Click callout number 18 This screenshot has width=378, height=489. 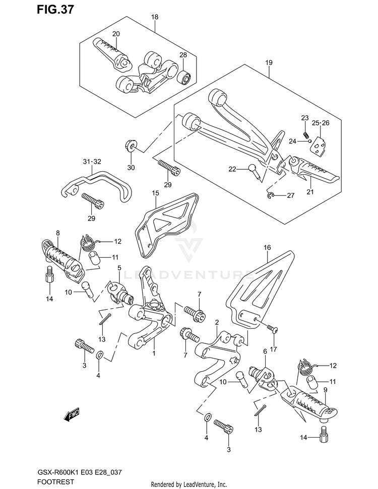[x=155, y=17]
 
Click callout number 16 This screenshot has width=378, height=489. [x=267, y=247]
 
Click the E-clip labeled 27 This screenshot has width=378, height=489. [x=272, y=195]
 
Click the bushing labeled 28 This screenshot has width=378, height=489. [x=185, y=78]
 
